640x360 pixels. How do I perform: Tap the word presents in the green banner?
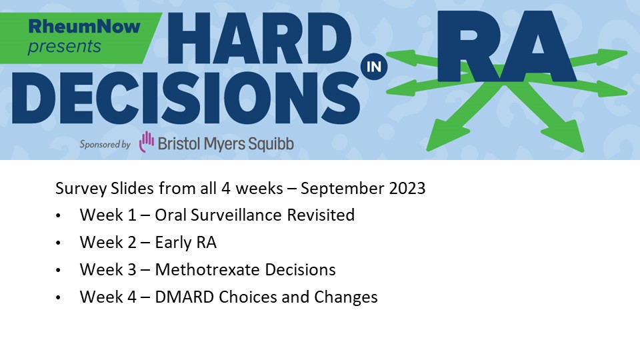coord(65,46)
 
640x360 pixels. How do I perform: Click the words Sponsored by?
coord(105,143)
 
